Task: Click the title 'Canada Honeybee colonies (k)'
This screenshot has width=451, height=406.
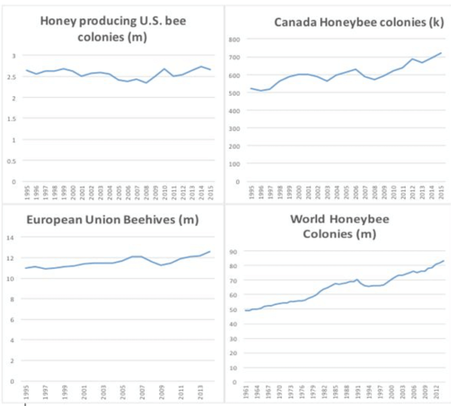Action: point(359,22)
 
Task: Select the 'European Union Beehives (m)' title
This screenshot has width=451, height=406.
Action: point(113,220)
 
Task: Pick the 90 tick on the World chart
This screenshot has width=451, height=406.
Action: point(234,252)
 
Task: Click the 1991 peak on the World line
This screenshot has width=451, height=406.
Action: point(357,279)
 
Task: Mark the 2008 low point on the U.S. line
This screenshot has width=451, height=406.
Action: point(146,83)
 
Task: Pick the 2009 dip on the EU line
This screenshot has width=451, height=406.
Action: point(161,265)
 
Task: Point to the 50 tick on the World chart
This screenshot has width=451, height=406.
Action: point(234,309)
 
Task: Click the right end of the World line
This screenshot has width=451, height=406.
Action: point(444,261)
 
